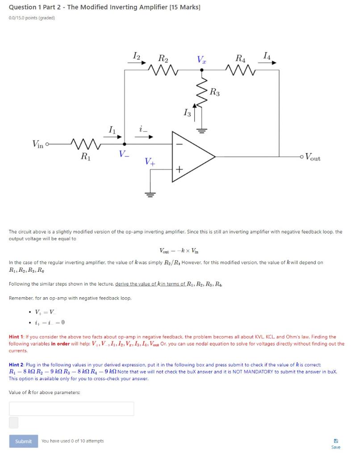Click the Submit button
pos(23,441)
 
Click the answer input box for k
pos(71,408)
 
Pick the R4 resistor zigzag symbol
pos(240,70)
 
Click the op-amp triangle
pos(192,157)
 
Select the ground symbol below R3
pos(201,131)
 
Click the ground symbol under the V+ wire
pos(150,194)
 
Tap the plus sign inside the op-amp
pos(179,170)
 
